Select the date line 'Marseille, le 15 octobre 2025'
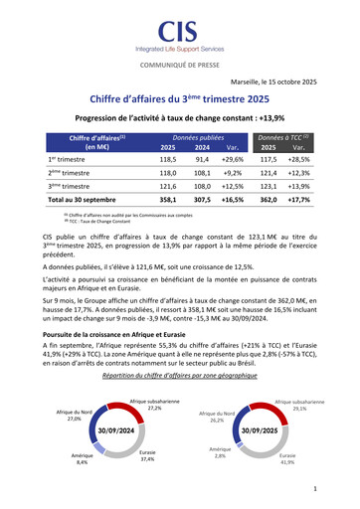point(271,82)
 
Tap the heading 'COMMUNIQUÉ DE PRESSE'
point(179,64)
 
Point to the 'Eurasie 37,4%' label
point(147,456)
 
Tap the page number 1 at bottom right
point(314,489)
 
